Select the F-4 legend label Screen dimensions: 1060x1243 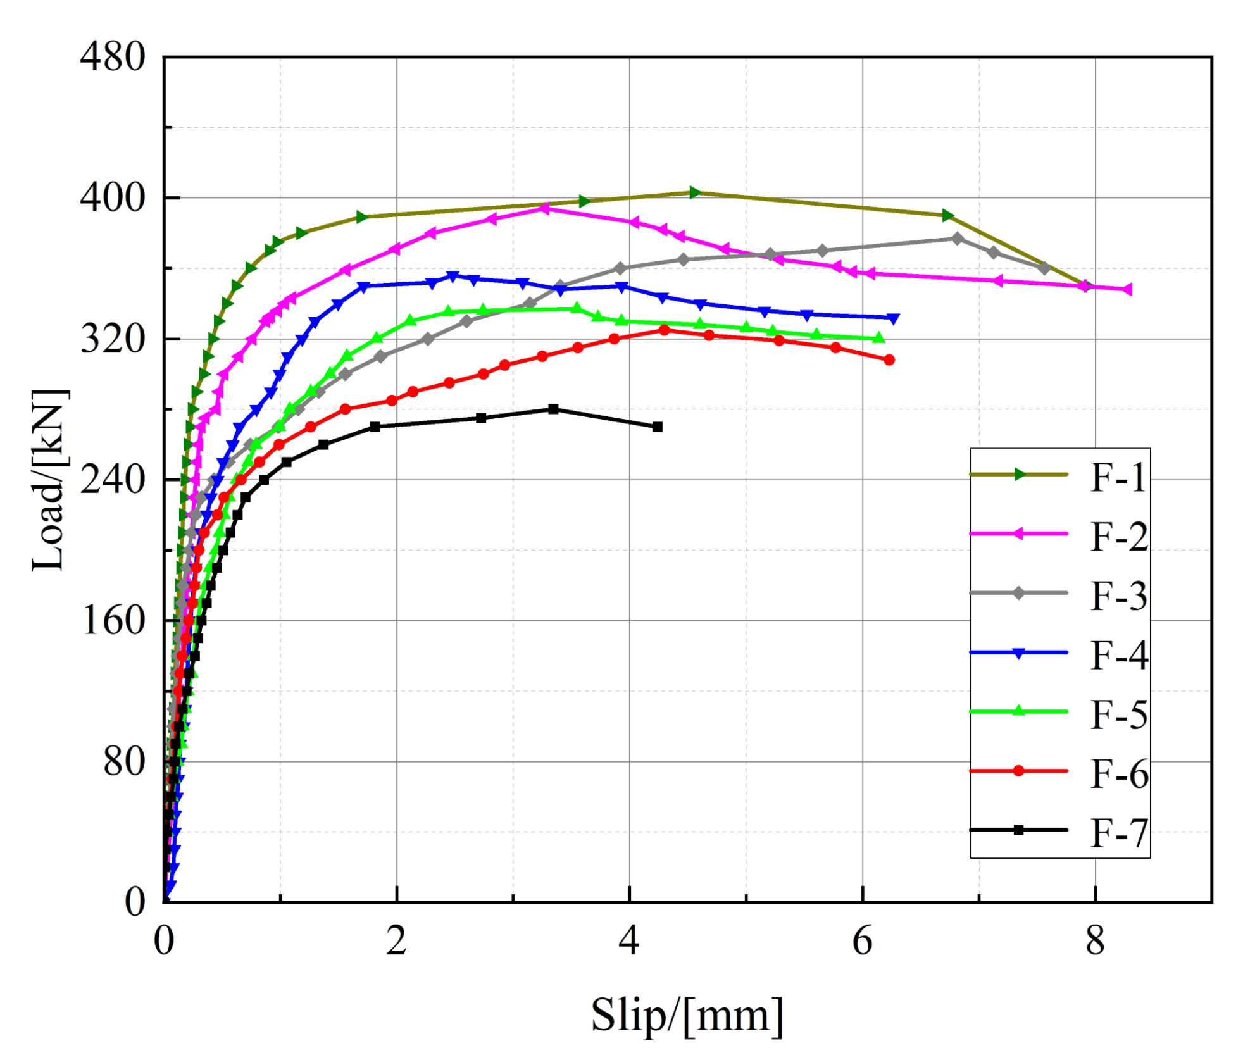coord(1118,655)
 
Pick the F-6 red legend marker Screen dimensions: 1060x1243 coord(1018,771)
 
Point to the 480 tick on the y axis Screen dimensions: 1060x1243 coord(113,57)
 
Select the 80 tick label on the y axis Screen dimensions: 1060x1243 coord(124,761)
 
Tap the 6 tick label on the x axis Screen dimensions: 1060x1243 coord(862,941)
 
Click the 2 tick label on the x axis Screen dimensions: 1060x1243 coord(396,941)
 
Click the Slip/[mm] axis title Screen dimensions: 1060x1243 coord(687,1015)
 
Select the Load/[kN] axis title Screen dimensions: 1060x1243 coord(48,480)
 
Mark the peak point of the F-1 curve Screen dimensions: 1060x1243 coord(694,192)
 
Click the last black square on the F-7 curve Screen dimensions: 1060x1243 coord(657,427)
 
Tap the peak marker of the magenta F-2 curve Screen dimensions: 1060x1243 coord(543,208)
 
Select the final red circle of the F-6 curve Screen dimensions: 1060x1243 coord(889,359)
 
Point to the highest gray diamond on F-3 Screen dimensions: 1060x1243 coord(957,239)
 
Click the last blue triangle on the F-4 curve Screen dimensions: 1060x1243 coord(893,318)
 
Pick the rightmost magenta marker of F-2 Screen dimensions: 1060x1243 coord(1127,289)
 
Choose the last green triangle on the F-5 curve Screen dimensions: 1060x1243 coord(878,338)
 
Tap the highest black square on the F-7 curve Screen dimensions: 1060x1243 coord(553,409)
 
